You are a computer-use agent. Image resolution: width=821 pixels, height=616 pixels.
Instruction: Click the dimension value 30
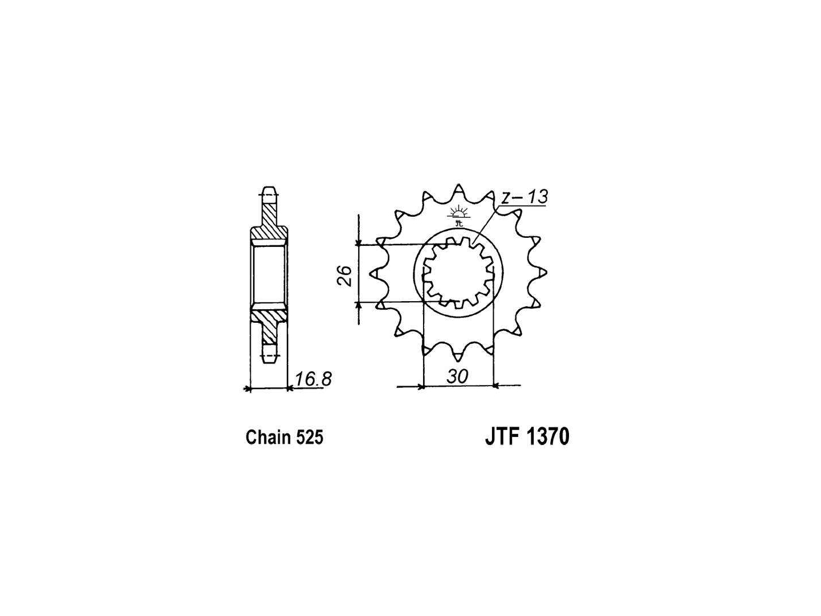pyautogui.click(x=457, y=376)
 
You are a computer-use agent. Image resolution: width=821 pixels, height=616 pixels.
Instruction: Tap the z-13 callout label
pyautogui.click(x=524, y=197)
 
